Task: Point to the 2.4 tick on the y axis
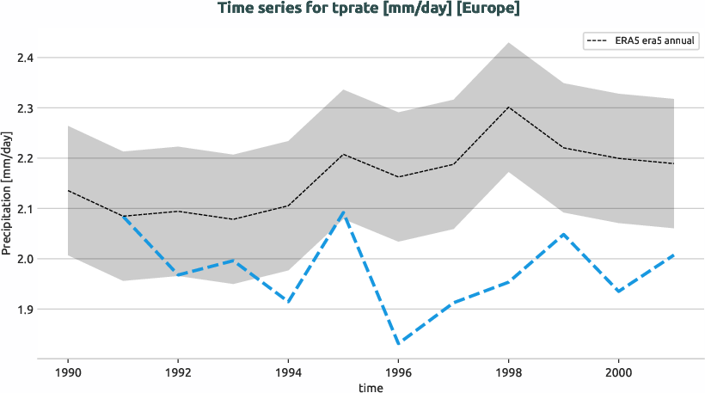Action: [25, 58]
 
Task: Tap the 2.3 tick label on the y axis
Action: [25, 108]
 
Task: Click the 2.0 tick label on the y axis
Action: [25, 259]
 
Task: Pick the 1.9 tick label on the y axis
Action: [25, 309]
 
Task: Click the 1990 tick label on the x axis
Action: [67, 374]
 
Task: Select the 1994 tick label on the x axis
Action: [287, 374]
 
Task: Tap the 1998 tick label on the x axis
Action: [507, 374]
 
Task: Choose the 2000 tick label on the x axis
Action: [618, 374]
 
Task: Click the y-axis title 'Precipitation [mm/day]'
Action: [8, 193]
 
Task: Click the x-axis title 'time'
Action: [371, 388]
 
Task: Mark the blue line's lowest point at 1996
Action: [398, 344]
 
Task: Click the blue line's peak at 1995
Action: [343, 211]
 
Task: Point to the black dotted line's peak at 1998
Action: [508, 107]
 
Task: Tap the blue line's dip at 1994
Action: [287, 302]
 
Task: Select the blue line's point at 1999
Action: [563, 234]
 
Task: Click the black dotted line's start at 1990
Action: [68, 190]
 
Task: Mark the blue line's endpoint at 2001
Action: [673, 255]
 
